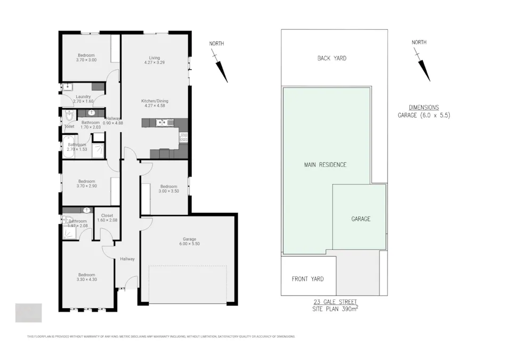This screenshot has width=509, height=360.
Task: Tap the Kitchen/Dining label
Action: [x=155, y=101]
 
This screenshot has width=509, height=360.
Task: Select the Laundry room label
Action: [x=83, y=97]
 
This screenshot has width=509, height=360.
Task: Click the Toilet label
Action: [x=69, y=126]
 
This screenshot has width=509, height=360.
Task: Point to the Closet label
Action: [x=107, y=215]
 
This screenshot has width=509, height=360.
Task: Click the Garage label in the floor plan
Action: [x=189, y=239]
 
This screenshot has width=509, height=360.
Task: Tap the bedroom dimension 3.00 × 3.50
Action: [x=168, y=191]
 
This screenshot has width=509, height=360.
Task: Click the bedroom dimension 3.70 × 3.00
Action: [x=86, y=60]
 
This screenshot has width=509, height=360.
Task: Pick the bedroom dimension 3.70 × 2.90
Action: [x=86, y=186]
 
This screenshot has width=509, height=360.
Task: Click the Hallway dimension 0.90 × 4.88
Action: [x=113, y=123]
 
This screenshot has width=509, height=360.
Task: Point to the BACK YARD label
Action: [x=332, y=58]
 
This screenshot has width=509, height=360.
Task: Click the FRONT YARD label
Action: [x=308, y=279]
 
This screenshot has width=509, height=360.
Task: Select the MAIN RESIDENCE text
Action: [x=325, y=165]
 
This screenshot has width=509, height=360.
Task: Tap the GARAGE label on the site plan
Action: [x=360, y=219]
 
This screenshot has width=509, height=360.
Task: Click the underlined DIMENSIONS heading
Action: [x=424, y=107]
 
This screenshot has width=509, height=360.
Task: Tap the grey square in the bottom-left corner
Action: [x=28, y=313]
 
